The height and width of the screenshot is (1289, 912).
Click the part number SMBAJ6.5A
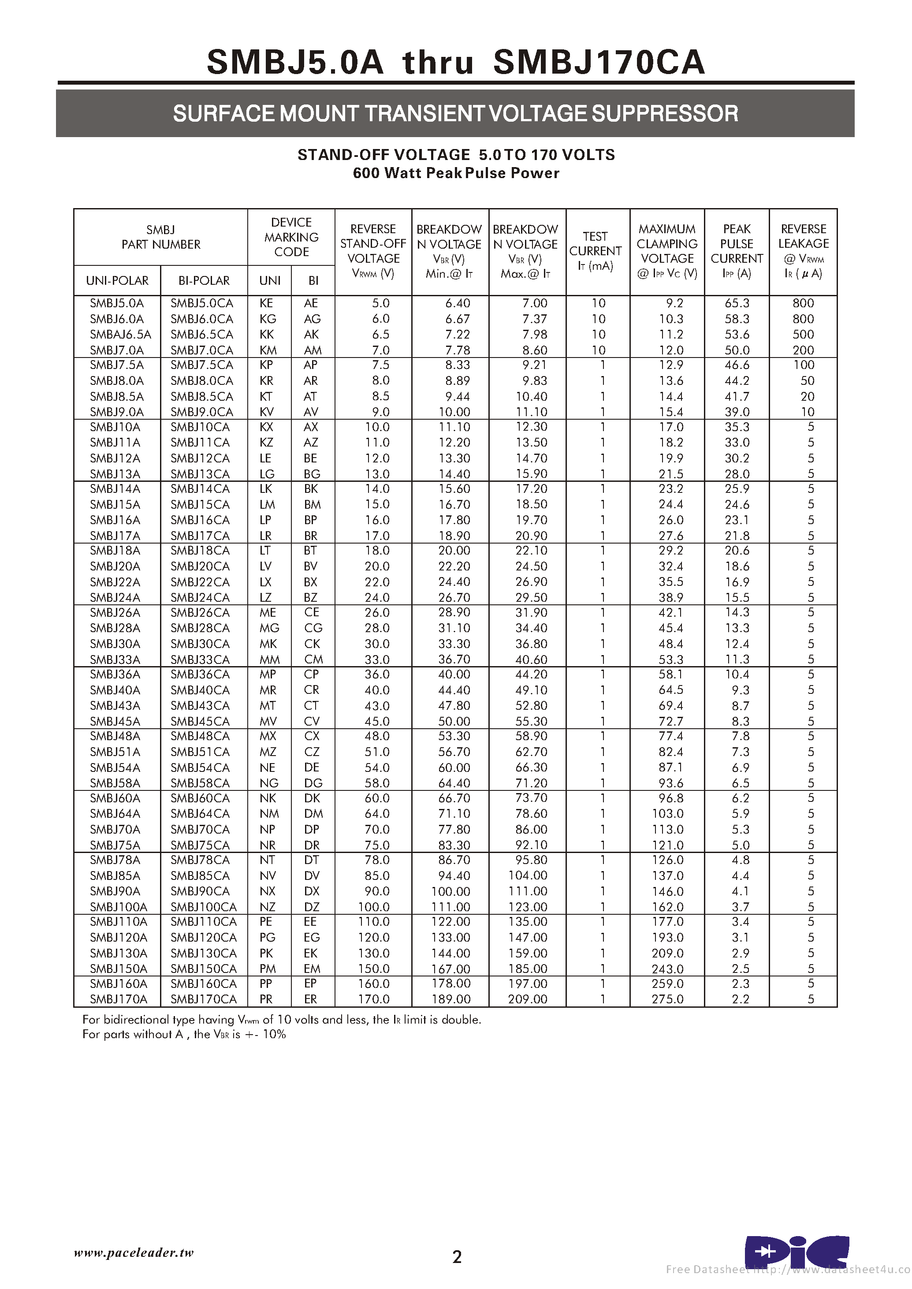[120, 334]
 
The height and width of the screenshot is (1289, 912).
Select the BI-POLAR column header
[204, 280]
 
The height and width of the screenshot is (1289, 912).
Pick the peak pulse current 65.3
[737, 303]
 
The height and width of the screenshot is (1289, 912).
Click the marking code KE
[266, 303]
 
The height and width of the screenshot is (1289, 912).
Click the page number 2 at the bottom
[457, 1256]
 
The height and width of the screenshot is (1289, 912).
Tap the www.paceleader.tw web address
[134, 1252]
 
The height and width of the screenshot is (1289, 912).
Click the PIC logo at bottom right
[797, 1252]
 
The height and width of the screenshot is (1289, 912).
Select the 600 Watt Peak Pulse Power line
[456, 173]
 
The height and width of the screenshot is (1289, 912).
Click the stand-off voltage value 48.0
[377, 736]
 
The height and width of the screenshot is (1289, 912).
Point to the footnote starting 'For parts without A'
[184, 1034]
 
